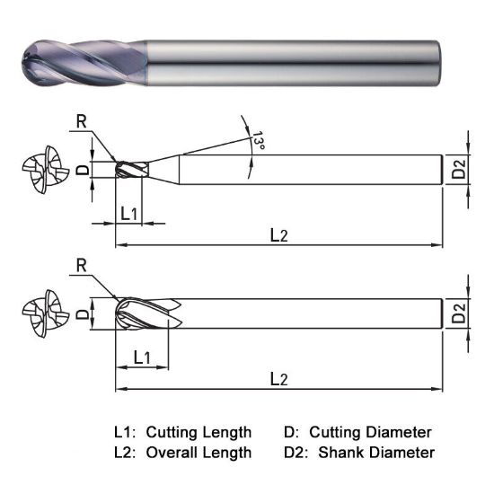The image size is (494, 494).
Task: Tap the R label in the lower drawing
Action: tap(82, 265)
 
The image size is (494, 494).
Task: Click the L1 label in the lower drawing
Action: tap(141, 357)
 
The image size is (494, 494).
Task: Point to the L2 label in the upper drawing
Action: tap(278, 234)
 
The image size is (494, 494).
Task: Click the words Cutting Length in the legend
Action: tap(198, 432)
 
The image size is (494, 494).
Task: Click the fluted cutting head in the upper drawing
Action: tap(131, 169)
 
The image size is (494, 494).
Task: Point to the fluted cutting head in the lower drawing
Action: tap(148, 314)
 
